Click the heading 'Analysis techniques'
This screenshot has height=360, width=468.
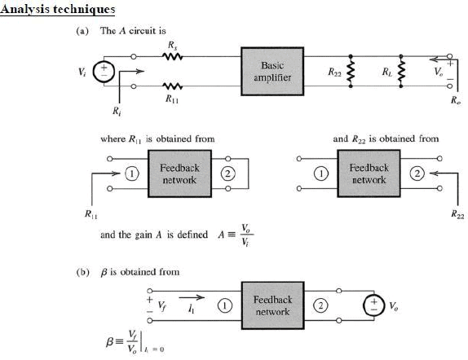click(x=57, y=10)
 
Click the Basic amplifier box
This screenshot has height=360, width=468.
click(x=273, y=70)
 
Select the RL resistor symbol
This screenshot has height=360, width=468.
click(x=400, y=71)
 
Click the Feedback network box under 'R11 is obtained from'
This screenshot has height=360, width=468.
click(x=179, y=173)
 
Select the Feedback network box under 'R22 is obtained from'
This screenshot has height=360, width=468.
click(x=369, y=173)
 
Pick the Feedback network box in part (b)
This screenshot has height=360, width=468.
click(x=273, y=305)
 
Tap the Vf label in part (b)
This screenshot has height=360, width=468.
click(x=161, y=305)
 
